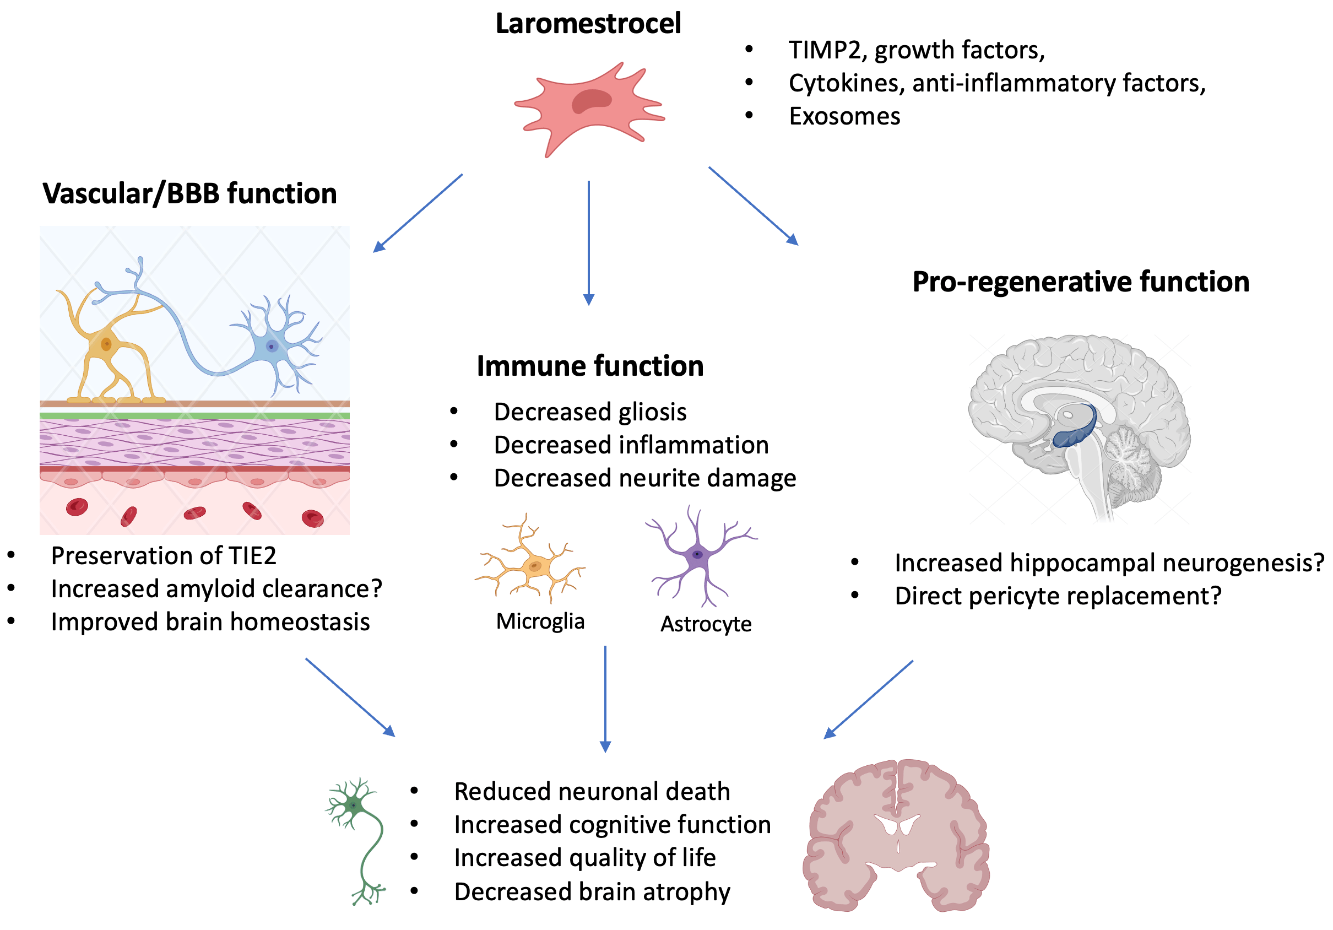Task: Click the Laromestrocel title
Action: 588,23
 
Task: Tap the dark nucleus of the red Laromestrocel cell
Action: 591,101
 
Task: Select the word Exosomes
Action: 844,116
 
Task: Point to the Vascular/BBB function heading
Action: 189,193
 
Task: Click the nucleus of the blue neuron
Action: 271,347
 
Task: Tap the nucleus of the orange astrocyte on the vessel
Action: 106,344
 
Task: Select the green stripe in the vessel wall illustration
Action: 194,415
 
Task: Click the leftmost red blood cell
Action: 77,507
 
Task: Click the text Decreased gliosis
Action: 590,412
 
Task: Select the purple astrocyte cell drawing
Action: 697,554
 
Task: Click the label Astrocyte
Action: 706,624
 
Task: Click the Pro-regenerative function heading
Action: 1081,282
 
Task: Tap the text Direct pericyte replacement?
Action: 1058,596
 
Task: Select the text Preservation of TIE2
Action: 163,556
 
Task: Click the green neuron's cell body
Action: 353,805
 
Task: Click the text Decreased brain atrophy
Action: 592,891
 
